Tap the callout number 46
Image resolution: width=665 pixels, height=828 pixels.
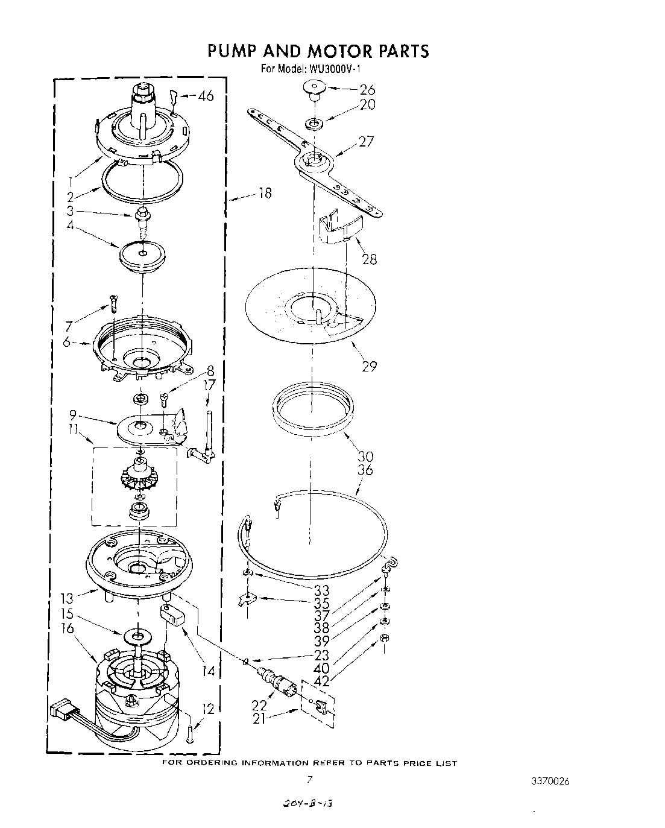tap(206, 95)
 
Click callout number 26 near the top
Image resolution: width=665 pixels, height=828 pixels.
tap(367, 90)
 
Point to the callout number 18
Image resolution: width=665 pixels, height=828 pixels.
tap(264, 194)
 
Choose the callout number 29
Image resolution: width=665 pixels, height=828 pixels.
tap(369, 365)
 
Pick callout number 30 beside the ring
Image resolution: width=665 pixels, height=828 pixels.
tap(365, 457)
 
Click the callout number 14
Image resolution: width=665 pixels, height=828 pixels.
tap(208, 670)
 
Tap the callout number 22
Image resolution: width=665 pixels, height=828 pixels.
tap(260, 704)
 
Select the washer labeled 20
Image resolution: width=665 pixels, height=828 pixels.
tap(314, 124)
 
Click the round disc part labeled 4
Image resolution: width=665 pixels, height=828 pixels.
tap(142, 256)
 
